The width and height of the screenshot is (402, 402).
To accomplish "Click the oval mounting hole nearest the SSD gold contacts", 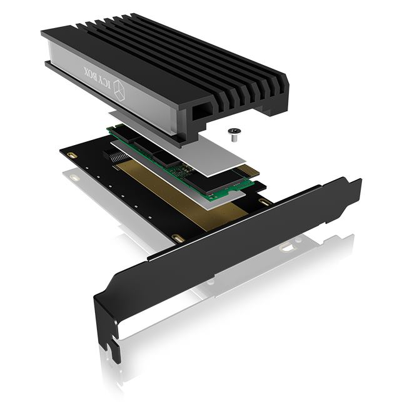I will [265, 201].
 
